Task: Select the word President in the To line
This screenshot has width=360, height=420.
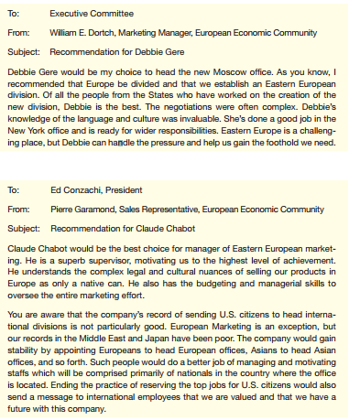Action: (x=124, y=190)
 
